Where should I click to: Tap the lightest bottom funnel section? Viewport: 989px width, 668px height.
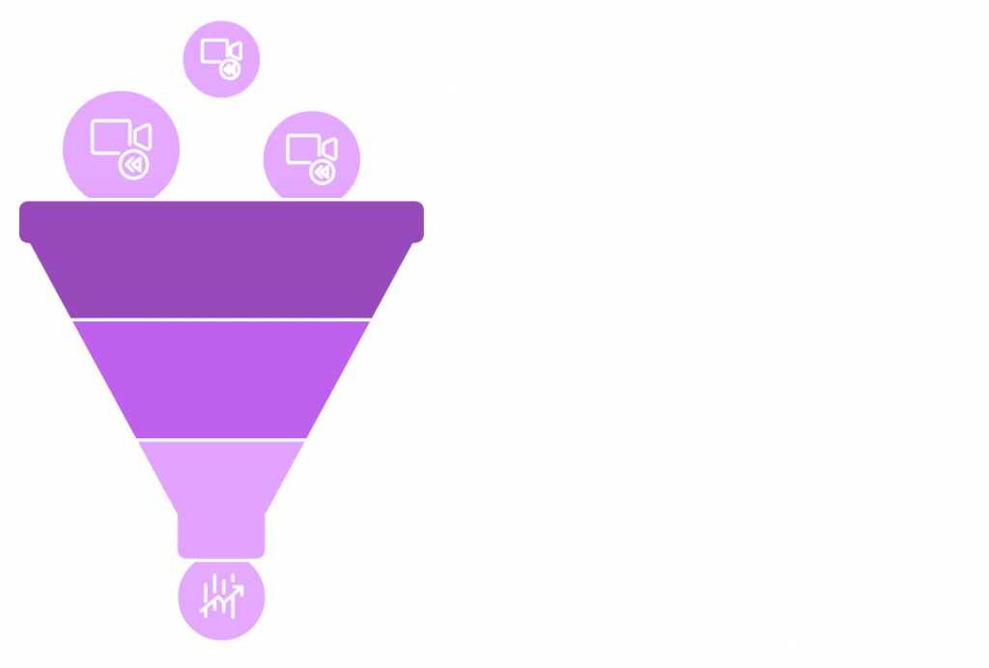(x=221, y=478)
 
